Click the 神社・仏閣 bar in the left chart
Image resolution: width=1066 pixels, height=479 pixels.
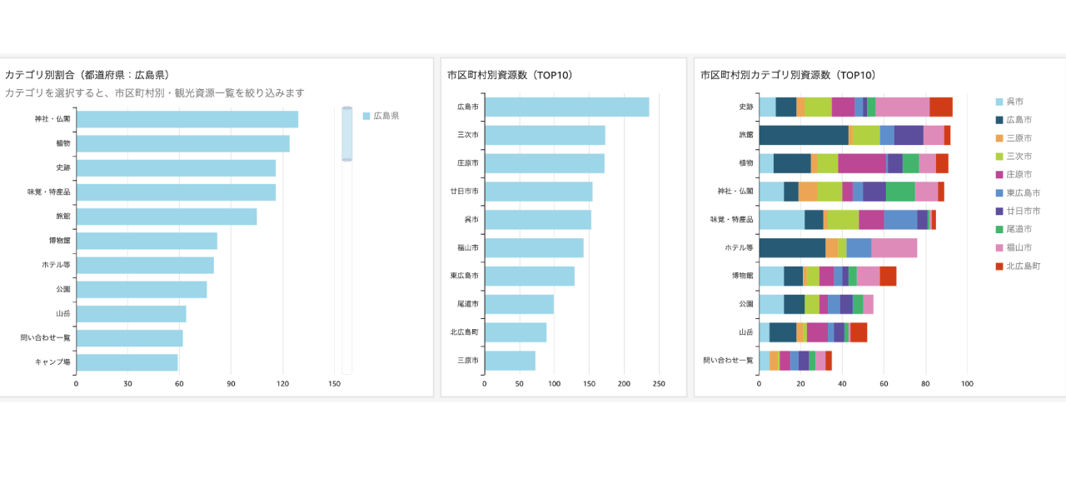tap(187, 119)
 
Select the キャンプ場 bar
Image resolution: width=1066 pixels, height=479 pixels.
tap(127, 362)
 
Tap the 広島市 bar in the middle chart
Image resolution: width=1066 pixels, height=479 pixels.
tap(566, 107)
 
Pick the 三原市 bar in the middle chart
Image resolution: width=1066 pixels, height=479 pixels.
tap(510, 361)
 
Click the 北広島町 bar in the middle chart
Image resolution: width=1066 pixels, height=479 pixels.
tap(516, 332)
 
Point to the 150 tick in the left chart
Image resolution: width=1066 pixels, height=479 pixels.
tap(335, 384)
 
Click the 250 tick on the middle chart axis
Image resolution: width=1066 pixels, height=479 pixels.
tap(659, 384)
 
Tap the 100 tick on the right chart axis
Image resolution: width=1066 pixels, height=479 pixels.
tap(967, 384)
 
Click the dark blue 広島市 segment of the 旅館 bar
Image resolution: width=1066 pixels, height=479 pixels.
tap(803, 135)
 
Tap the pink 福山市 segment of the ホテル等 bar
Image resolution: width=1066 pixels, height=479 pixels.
tap(894, 247)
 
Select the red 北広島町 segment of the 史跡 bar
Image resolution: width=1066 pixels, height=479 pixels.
tap(940, 107)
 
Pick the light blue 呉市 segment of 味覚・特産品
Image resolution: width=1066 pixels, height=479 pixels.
tap(781, 219)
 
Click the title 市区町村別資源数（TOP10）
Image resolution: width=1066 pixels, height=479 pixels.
tap(510, 75)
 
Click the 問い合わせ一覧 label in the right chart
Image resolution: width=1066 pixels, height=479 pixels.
tap(727, 361)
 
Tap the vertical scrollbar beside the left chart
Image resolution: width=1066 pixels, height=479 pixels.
tap(346, 133)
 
